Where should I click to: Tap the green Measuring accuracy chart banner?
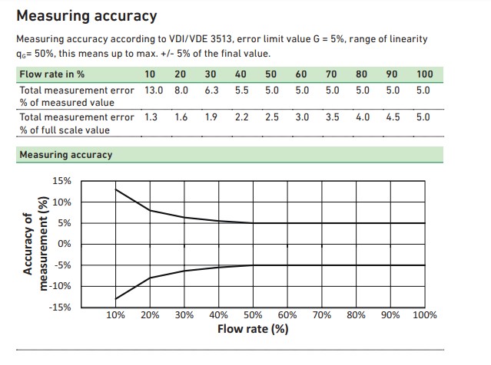(x=65, y=155)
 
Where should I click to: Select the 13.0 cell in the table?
(x=154, y=90)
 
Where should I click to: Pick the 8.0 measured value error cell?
(x=181, y=90)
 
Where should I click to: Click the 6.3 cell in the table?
(x=211, y=90)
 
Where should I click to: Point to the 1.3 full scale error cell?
(x=151, y=117)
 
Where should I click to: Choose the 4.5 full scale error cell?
(x=393, y=117)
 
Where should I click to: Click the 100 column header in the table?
(x=424, y=74)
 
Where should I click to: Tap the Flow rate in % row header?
(x=51, y=74)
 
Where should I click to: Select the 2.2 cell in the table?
(x=241, y=117)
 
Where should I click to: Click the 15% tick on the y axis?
(x=61, y=182)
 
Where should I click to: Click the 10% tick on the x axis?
(x=115, y=315)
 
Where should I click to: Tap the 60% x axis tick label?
(x=287, y=315)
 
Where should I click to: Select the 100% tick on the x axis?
(x=424, y=315)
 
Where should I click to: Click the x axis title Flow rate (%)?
(x=253, y=330)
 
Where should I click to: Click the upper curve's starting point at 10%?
(x=116, y=189)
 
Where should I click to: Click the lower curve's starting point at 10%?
(x=116, y=299)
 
